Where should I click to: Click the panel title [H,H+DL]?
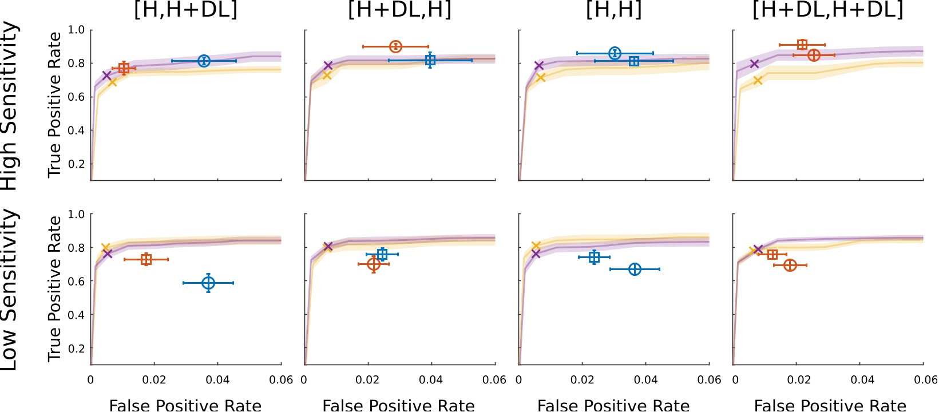(185, 10)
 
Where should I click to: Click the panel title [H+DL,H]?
(399, 10)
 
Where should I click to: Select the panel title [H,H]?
(613, 10)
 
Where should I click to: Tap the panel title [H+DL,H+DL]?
(827, 10)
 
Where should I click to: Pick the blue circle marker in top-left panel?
(204, 61)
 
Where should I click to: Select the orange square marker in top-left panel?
(124, 68)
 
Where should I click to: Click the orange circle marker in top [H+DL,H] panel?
(395, 46)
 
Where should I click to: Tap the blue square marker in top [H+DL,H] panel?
(430, 60)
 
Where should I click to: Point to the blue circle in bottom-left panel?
(208, 283)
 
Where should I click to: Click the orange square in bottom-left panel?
(146, 259)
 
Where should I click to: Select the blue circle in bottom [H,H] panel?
(635, 269)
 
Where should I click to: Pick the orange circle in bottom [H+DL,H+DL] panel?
(790, 265)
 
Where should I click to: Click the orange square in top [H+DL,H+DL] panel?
(802, 45)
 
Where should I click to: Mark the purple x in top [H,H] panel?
(539, 65)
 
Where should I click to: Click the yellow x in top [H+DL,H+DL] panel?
(758, 80)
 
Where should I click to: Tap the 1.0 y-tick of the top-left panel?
(77, 30)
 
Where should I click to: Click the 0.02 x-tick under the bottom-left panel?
(154, 380)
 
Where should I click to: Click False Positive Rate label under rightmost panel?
(830, 405)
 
